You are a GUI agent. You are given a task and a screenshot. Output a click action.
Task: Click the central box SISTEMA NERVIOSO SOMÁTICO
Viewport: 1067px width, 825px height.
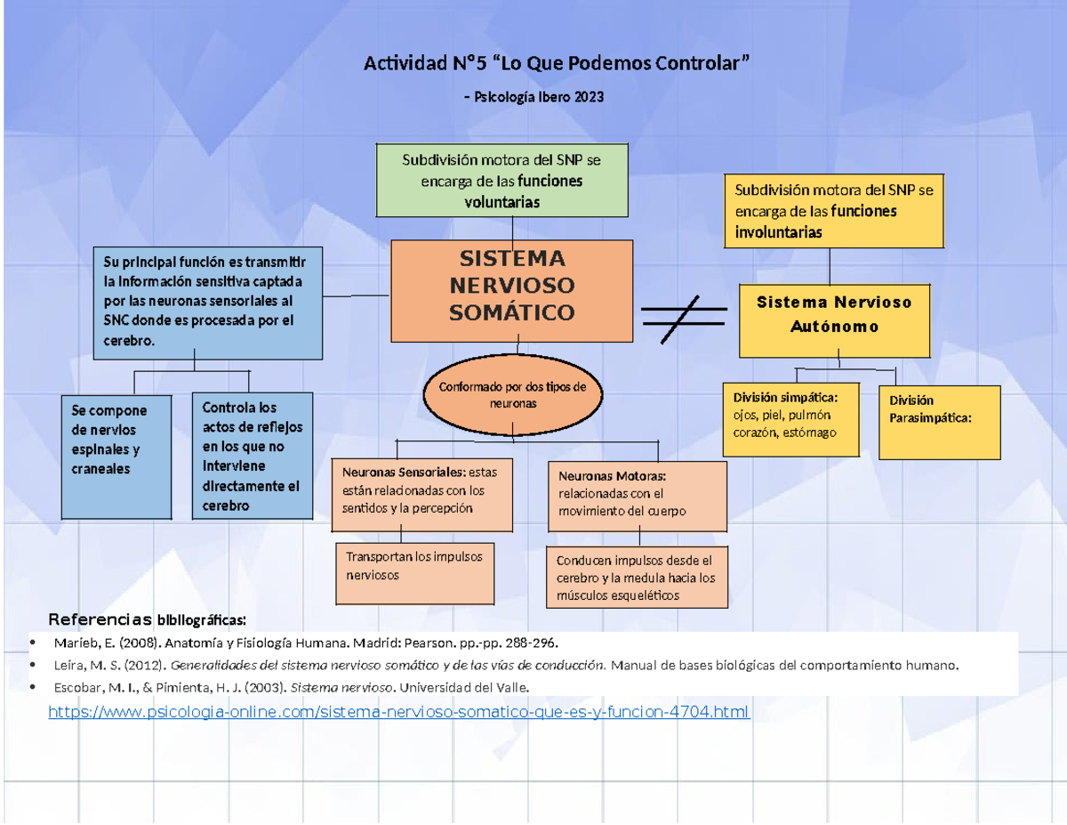click(512, 290)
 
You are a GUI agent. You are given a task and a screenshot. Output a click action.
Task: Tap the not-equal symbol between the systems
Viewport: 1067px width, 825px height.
click(683, 318)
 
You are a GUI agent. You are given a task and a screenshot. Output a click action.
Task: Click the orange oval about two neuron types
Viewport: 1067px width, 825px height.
click(513, 395)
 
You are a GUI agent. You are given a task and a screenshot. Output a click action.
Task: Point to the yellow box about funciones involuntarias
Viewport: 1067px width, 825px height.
click(832, 211)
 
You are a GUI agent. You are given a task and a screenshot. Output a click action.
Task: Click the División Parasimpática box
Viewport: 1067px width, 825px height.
click(939, 422)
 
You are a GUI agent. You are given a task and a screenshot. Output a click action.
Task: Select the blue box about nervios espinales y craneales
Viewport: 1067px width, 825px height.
click(116, 456)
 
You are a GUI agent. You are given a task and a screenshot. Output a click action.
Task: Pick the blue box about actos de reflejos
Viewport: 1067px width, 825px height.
click(253, 456)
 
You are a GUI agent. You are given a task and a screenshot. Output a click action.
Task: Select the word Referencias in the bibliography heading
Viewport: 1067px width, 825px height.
click(100, 619)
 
